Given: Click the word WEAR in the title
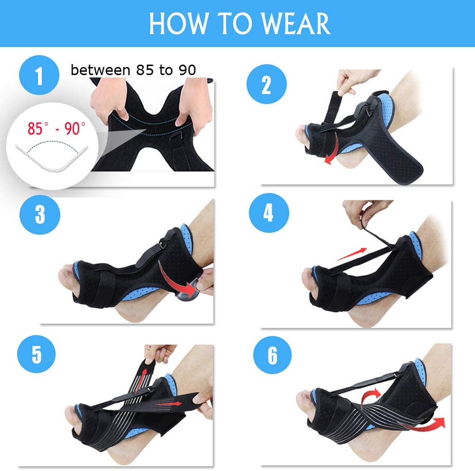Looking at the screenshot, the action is pyautogui.click(x=296, y=24).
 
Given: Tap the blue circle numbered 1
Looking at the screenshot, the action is pyautogui.click(x=39, y=75).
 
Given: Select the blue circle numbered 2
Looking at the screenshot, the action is pyautogui.click(x=267, y=84).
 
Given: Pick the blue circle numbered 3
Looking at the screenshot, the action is pyautogui.click(x=40, y=215).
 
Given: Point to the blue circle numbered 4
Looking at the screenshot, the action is pyautogui.click(x=269, y=213).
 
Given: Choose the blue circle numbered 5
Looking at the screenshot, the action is pyautogui.click(x=37, y=354).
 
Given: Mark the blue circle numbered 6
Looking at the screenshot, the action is pyautogui.click(x=272, y=355).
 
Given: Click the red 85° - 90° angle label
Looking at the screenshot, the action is pyautogui.click(x=56, y=128).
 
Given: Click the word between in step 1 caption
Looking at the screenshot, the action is pyautogui.click(x=100, y=70).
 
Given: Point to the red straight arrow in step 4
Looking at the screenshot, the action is pyautogui.click(x=352, y=254).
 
